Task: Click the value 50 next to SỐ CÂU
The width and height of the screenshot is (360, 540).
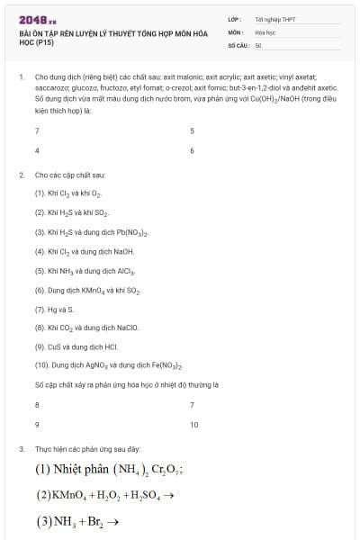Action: tap(258, 44)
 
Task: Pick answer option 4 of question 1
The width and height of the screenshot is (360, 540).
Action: tap(37, 150)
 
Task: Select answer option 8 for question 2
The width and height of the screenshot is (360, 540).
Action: tap(37, 405)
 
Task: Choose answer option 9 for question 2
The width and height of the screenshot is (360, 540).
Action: tap(37, 424)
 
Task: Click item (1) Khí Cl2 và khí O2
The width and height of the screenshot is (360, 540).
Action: tap(69, 193)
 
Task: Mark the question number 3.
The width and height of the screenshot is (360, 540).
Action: tap(21, 448)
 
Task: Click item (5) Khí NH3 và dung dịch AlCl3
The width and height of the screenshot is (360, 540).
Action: tap(85, 270)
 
